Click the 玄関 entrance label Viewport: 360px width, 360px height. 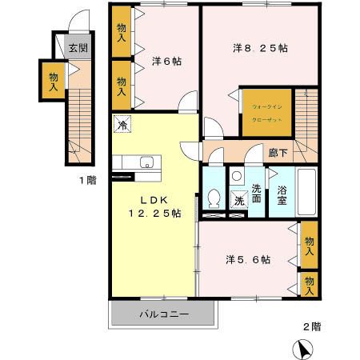point(78,47)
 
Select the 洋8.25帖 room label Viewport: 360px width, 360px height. point(261,48)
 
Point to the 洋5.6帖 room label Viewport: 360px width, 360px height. point(247,259)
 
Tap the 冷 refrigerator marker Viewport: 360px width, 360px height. point(124,124)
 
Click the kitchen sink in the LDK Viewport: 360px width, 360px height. point(146,164)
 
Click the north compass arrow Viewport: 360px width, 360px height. point(306,348)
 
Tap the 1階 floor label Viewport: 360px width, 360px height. point(86,180)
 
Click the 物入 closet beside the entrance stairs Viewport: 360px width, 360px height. point(54,82)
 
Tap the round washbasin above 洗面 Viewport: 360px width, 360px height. point(237,176)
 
